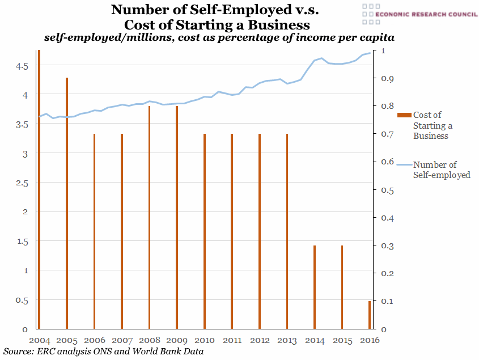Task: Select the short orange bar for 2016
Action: (369, 315)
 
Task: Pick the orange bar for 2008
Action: (149, 217)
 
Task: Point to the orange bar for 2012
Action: (259, 231)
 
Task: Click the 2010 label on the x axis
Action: (204, 340)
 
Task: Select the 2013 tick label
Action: (287, 340)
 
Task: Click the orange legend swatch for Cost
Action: (404, 115)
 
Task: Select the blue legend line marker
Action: (404, 165)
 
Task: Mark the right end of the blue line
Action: (370, 53)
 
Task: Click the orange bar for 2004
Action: (39, 190)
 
